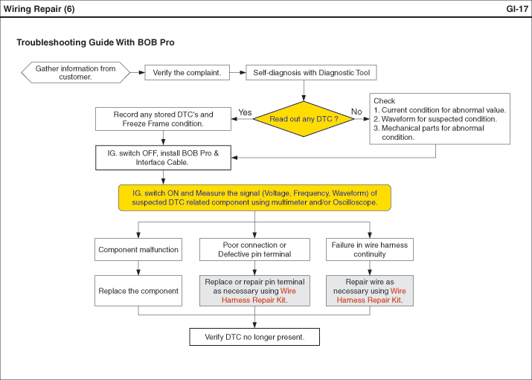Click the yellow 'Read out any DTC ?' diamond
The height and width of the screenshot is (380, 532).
tap(304, 119)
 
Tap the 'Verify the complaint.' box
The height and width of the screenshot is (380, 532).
tap(187, 73)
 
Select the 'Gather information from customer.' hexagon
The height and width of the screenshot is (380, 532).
tap(75, 73)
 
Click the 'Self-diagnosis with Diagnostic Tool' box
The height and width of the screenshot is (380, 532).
tap(311, 73)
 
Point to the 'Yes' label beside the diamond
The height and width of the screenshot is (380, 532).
tap(245, 112)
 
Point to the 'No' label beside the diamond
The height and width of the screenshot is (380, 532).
tap(356, 112)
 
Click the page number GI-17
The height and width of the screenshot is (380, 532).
tap(517, 9)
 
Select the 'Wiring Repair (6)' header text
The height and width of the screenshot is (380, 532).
tap(39, 9)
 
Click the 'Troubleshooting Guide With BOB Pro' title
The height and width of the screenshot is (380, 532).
tap(96, 42)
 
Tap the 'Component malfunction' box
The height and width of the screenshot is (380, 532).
tap(138, 250)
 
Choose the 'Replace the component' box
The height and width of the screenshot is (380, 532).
tap(138, 291)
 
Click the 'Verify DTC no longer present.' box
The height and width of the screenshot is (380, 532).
tap(254, 337)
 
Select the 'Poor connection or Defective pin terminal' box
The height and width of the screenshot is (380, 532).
tap(254, 250)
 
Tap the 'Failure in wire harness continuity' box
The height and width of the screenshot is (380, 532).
tap(370, 250)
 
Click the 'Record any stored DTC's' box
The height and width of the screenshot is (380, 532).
tap(163, 119)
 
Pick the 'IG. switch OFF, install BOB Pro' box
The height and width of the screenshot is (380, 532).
tap(163, 158)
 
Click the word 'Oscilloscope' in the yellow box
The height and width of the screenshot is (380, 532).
tap(355, 202)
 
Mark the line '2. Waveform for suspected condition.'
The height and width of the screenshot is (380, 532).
tap(435, 119)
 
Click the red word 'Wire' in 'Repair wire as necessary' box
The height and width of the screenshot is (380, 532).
tap(398, 291)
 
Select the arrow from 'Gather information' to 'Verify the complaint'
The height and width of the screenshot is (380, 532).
tap(138, 73)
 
